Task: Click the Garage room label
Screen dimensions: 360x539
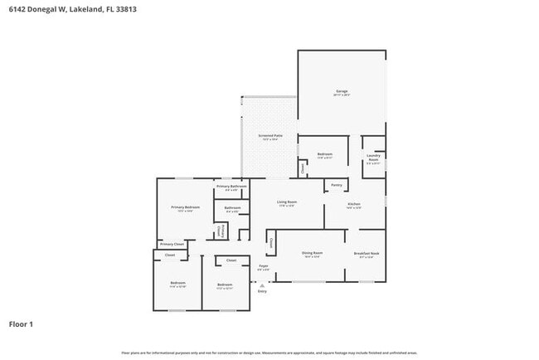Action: click(x=342, y=92)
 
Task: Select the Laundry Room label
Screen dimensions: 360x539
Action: click(x=373, y=158)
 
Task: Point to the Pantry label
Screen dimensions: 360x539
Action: click(x=337, y=185)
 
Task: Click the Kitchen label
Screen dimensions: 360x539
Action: click(x=354, y=205)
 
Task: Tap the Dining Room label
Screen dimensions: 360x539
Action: click(x=312, y=254)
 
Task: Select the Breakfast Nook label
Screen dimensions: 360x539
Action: click(x=367, y=254)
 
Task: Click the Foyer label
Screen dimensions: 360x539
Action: click(x=263, y=267)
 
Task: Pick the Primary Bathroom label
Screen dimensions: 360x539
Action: click(x=231, y=187)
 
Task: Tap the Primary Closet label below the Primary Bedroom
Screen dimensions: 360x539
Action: click(x=172, y=244)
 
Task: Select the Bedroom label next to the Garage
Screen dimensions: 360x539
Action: click(x=325, y=154)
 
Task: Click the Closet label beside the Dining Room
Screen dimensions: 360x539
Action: click(x=269, y=243)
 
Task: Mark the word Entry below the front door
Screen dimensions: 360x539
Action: click(x=262, y=291)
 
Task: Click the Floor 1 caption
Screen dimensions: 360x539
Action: click(x=21, y=324)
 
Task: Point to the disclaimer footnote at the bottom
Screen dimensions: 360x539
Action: click(x=269, y=353)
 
